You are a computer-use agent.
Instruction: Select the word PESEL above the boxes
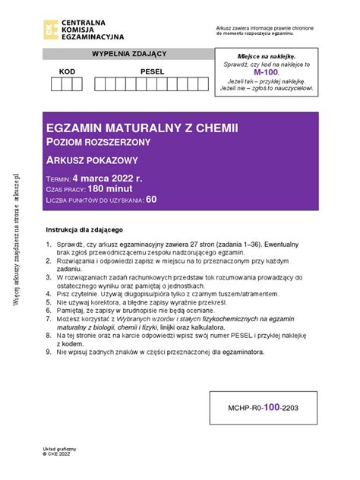152,71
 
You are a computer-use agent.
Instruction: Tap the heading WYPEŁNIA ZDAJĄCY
128,54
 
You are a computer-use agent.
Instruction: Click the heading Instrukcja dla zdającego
90,229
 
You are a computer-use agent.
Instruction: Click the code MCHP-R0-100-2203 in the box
267,407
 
